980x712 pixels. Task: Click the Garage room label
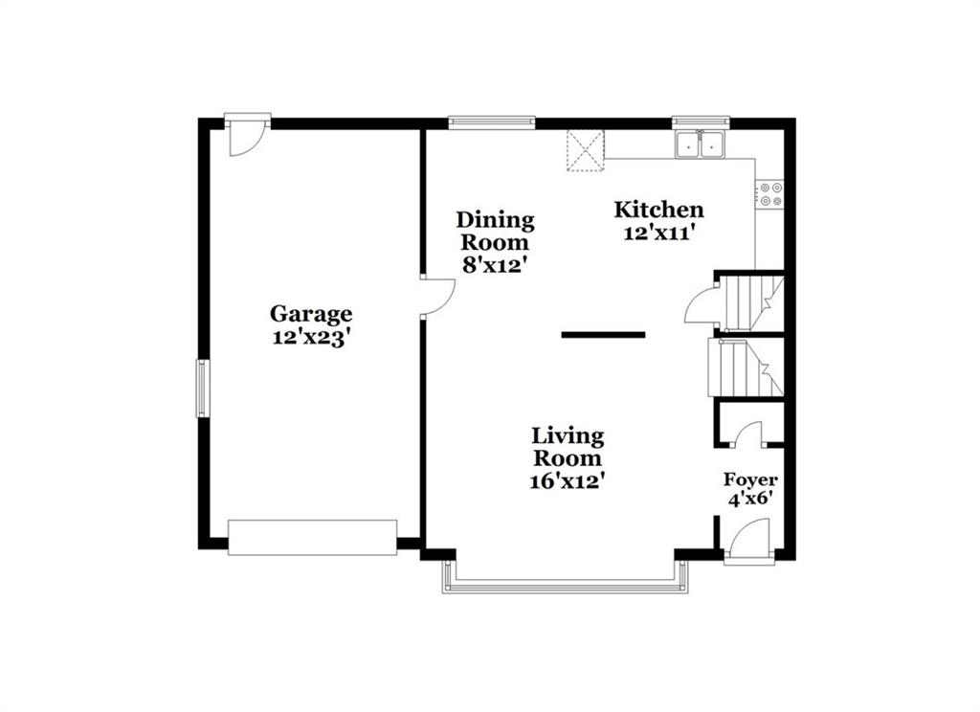click(x=311, y=314)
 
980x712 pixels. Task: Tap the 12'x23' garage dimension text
click(x=310, y=338)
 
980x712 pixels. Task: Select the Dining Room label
click(x=495, y=231)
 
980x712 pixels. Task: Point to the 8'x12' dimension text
click(x=493, y=265)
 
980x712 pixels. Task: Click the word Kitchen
click(x=658, y=210)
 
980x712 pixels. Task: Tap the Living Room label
click(x=568, y=447)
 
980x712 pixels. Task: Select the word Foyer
click(x=750, y=480)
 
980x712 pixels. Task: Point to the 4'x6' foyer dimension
click(x=751, y=499)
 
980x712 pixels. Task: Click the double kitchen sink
click(x=700, y=145)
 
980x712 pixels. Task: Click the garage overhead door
click(x=313, y=537)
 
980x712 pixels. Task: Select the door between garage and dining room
click(x=437, y=297)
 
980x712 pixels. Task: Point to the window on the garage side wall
click(x=203, y=389)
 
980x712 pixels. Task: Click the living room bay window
click(x=566, y=578)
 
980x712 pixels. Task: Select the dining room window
click(x=492, y=122)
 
